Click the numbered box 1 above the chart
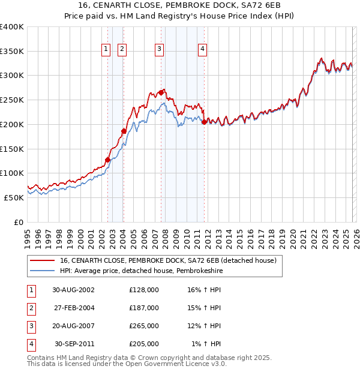(x=106, y=49)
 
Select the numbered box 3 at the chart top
(x=160, y=49)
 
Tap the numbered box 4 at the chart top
(x=203, y=49)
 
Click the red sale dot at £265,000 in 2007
(x=161, y=92)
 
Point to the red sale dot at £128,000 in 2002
(x=108, y=160)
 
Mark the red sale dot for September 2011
(x=205, y=122)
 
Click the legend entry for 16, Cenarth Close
(x=167, y=260)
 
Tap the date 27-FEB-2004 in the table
(x=74, y=308)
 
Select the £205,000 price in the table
(x=144, y=344)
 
